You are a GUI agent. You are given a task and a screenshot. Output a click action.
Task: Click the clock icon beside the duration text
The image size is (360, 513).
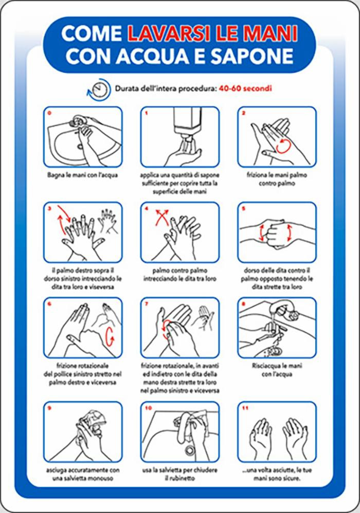pos(99,89)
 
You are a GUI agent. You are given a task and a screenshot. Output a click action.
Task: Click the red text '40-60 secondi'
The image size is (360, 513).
pos(245,89)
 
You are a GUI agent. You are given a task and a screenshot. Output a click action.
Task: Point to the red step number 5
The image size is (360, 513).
pos(244,208)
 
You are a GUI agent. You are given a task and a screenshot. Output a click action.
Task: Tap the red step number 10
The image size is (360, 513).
pos(149,408)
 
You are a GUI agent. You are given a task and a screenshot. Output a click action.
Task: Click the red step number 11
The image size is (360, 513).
pos(245,408)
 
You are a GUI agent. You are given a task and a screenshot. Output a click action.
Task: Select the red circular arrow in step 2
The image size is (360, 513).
pos(282,146)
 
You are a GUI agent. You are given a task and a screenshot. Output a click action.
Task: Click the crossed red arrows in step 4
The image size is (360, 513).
pos(162,217)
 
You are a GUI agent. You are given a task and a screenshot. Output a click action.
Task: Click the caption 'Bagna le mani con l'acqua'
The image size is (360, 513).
pos(82,175)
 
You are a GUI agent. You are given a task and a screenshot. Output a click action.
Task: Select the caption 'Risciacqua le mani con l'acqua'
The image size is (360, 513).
pos(277,370)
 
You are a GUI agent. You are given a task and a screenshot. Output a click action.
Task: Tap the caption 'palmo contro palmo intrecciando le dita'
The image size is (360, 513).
pos(180,274)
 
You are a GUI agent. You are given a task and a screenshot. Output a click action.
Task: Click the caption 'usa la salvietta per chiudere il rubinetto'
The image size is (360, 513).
pos(180,474)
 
